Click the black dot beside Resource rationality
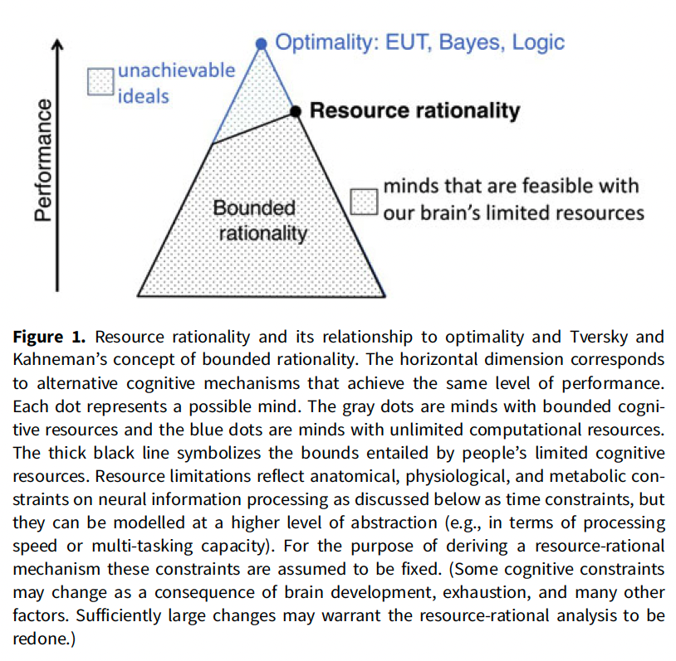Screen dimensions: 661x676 295,110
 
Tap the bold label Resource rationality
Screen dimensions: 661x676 414,110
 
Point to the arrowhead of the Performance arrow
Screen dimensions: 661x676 58,46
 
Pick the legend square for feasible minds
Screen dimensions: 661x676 364,200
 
